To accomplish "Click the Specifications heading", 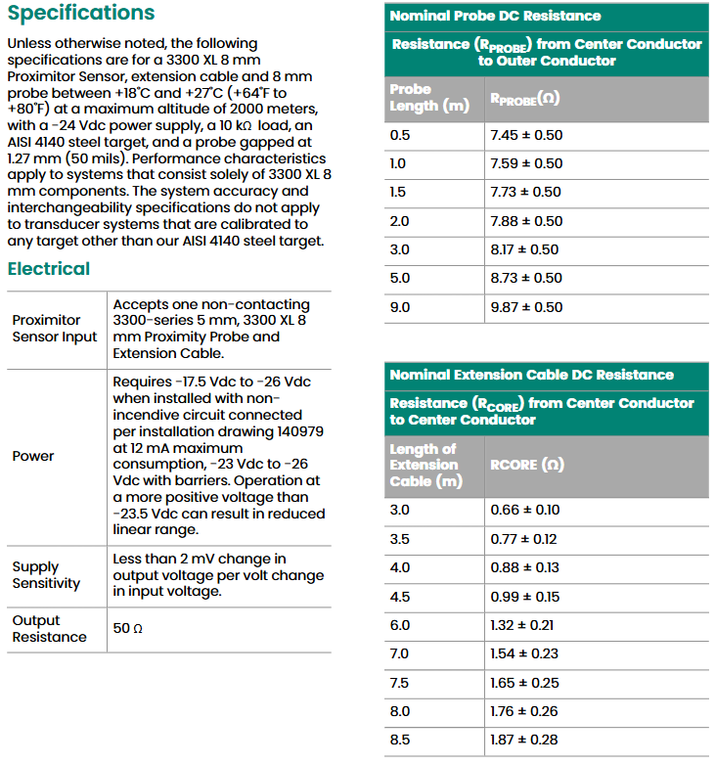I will pos(81,14).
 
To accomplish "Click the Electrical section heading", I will pos(48,269).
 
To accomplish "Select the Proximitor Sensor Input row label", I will pos(55,329).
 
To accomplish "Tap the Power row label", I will pos(33,456).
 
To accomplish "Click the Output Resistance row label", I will pos(49,629).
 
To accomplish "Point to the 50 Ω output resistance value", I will pos(128,629).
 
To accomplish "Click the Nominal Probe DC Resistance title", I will pos(495,16).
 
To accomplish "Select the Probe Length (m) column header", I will pos(429,98).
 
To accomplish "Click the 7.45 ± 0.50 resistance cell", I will pos(526,135).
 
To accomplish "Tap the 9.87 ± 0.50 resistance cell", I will pos(526,307).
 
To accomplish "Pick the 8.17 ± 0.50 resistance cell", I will pos(526,249).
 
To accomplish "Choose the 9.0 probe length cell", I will pos(400,307).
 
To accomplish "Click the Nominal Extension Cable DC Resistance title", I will pos(531,375).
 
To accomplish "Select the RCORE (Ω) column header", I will pos(527,465).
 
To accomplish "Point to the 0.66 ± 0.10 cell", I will pos(524,510).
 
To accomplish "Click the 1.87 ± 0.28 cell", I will pos(524,740).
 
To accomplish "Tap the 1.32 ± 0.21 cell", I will pos(524,625).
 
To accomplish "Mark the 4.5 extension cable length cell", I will pos(400,597).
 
